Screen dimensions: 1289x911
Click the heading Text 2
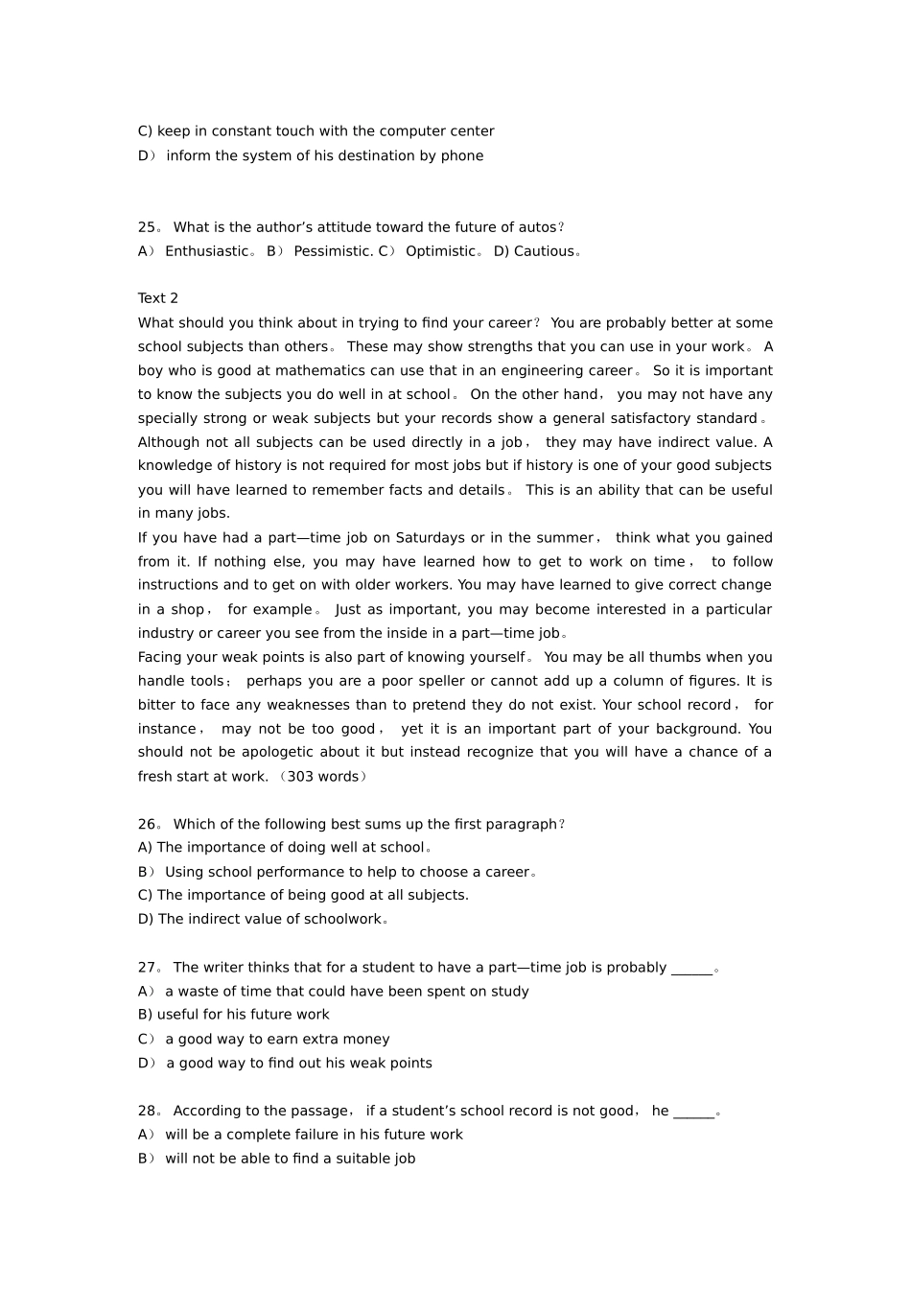158,298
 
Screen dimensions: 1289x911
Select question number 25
147,227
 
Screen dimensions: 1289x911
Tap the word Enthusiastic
206,251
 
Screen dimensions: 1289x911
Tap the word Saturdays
430,537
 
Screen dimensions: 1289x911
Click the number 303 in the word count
301,776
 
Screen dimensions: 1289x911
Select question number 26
147,824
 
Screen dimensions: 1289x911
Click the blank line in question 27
691,969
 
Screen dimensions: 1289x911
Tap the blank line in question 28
694,1113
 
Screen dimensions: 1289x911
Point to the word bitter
157,705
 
